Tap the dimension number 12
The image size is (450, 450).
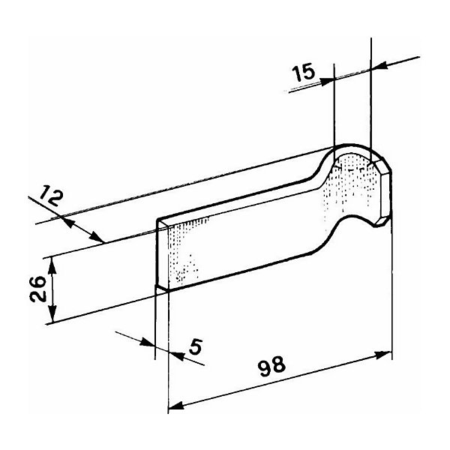[x=51, y=196]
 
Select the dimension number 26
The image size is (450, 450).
[x=38, y=289]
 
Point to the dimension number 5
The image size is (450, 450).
[x=196, y=346]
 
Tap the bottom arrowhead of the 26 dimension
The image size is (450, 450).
[x=52, y=314]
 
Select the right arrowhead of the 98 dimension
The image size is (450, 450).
[x=383, y=355]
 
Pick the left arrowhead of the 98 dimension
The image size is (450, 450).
[x=176, y=405]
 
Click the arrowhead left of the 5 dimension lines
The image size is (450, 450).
[x=148, y=343]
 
